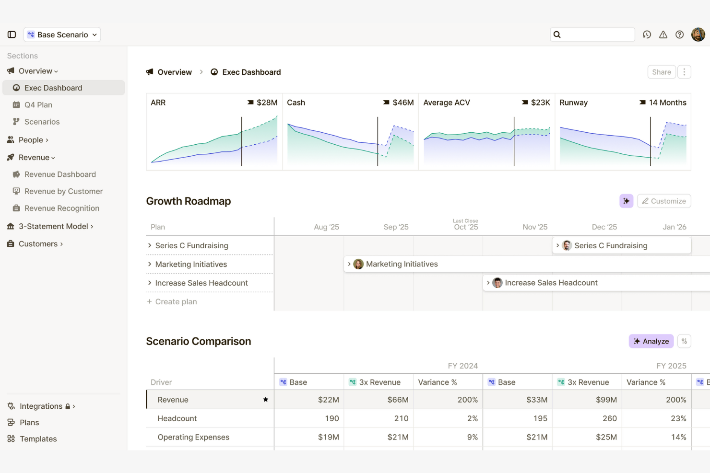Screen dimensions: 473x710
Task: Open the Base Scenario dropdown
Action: pyautogui.click(x=62, y=35)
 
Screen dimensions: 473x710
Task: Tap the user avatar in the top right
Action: pyautogui.click(x=698, y=35)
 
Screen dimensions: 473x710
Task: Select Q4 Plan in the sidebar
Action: pyautogui.click(x=38, y=105)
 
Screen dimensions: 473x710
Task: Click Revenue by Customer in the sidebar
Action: pyautogui.click(x=63, y=191)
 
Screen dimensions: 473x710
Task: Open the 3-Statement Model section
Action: pyautogui.click(x=53, y=226)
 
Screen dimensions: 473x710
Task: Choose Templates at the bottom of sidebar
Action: pyautogui.click(x=38, y=439)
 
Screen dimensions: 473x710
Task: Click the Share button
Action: pyautogui.click(x=661, y=72)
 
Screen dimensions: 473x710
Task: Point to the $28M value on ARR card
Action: pyautogui.click(x=267, y=103)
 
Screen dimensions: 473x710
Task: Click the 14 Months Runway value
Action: pyautogui.click(x=667, y=103)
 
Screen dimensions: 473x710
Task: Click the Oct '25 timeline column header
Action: pyautogui.click(x=466, y=227)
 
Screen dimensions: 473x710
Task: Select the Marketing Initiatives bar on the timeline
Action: pyautogui.click(x=402, y=264)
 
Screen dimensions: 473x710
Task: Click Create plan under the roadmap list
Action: pyautogui.click(x=176, y=301)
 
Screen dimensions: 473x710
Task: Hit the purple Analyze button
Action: pyautogui.click(x=651, y=341)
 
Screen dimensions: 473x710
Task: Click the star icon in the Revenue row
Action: pyautogui.click(x=265, y=400)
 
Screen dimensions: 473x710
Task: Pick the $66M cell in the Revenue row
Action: pyautogui.click(x=398, y=400)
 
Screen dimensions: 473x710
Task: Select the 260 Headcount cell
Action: pyautogui.click(x=609, y=418)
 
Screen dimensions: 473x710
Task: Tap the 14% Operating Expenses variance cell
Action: pyautogui.click(x=678, y=437)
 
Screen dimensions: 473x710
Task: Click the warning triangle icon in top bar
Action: pyautogui.click(x=663, y=35)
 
